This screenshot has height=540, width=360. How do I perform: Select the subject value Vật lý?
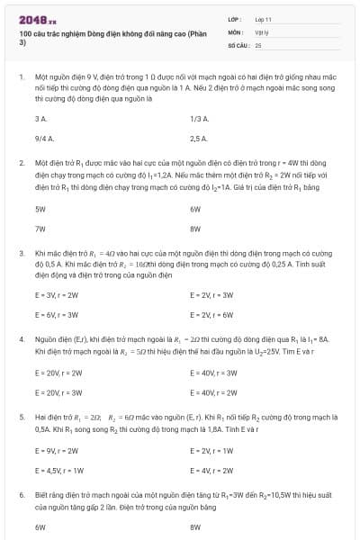click(x=263, y=31)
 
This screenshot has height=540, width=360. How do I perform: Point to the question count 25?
click(x=258, y=44)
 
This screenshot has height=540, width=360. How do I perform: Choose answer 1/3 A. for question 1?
click(x=199, y=118)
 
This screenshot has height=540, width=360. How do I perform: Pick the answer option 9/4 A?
click(x=45, y=139)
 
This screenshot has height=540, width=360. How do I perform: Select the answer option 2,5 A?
click(x=199, y=139)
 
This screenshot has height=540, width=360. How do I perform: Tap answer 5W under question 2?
click(x=40, y=208)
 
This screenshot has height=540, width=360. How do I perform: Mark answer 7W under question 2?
click(x=40, y=229)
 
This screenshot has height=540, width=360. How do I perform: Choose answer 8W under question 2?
click(x=195, y=229)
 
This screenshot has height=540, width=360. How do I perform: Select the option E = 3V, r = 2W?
click(x=57, y=294)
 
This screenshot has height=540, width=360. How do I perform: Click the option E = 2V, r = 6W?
click(x=211, y=315)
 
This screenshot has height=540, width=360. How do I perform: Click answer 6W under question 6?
click(x=40, y=526)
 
